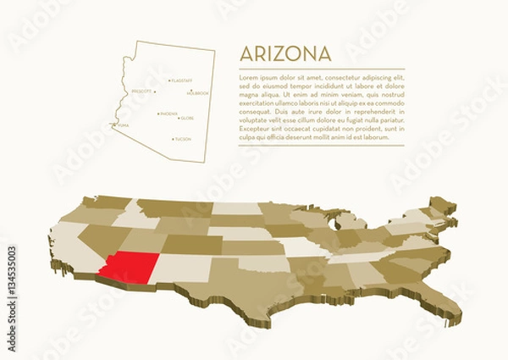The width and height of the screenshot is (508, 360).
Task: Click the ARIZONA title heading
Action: coord(285,53)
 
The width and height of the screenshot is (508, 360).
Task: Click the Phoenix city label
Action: coord(169,113)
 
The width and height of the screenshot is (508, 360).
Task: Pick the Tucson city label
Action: coord(183,138)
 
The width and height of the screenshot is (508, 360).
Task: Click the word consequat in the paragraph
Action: coord(256,111)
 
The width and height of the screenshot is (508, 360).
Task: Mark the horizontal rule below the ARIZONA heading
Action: coord(322,68)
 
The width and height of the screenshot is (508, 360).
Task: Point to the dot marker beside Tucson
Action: coord(173,138)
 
